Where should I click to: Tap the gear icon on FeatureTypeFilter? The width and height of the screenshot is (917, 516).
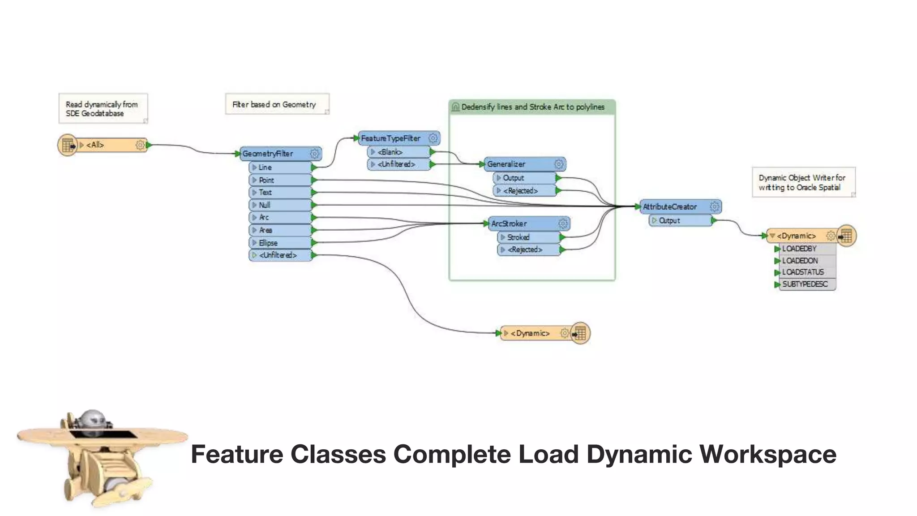[433, 138]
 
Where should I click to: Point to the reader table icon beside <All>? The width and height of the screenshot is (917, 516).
[68, 146]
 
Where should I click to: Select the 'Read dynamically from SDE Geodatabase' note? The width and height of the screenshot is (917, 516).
[103, 109]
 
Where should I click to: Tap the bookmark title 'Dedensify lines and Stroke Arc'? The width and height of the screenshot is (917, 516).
[532, 107]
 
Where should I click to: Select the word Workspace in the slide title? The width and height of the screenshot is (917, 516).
[767, 454]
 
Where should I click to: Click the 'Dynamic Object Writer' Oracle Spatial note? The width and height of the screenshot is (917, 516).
[803, 182]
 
